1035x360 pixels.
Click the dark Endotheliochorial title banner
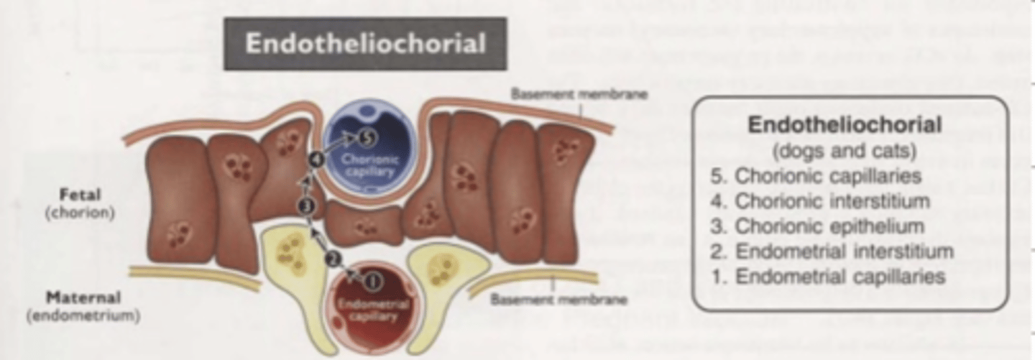tap(365, 44)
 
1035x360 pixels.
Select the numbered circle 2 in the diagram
tap(332, 259)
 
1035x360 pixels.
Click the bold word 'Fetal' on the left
tap(80, 195)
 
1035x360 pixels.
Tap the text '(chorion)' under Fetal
tap(80, 213)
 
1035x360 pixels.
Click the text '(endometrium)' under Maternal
tap(83, 315)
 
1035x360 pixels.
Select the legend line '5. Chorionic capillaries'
tap(824, 176)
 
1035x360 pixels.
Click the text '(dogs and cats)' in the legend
tap(845, 152)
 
